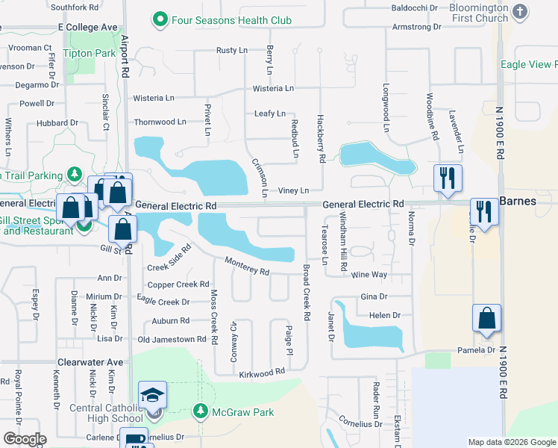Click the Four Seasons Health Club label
coord(231,20)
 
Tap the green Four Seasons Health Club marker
coord(159,19)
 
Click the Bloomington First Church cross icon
coord(521,12)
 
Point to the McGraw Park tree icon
coord(200,411)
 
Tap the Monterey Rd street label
coord(247,266)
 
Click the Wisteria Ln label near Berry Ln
coord(273,88)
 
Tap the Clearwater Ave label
coord(89,361)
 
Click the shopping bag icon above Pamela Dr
coord(486,318)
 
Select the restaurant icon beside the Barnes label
coord(484,211)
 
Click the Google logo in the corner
coord(25,439)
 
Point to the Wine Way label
coord(369,275)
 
